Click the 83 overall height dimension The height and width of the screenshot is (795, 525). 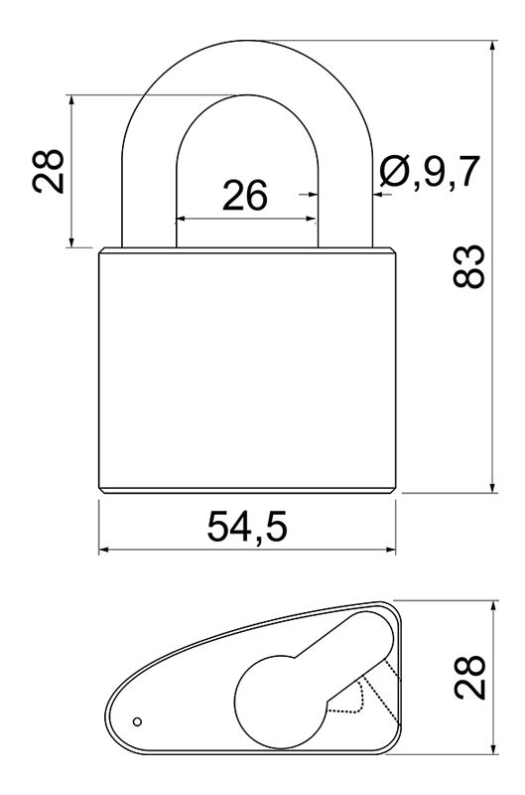pyautogui.click(x=468, y=266)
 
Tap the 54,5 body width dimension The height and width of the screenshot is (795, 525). pyautogui.click(x=247, y=527)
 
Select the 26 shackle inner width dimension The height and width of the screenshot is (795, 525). pyautogui.click(x=245, y=195)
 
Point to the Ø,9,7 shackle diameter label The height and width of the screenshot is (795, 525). pyautogui.click(x=430, y=171)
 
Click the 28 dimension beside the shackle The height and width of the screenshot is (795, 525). pyautogui.click(x=48, y=171)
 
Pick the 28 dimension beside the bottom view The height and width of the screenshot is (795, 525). pyautogui.click(x=469, y=678)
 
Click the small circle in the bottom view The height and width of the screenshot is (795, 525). pyautogui.click(x=137, y=721)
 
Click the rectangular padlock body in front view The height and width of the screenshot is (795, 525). pyautogui.click(x=247, y=370)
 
